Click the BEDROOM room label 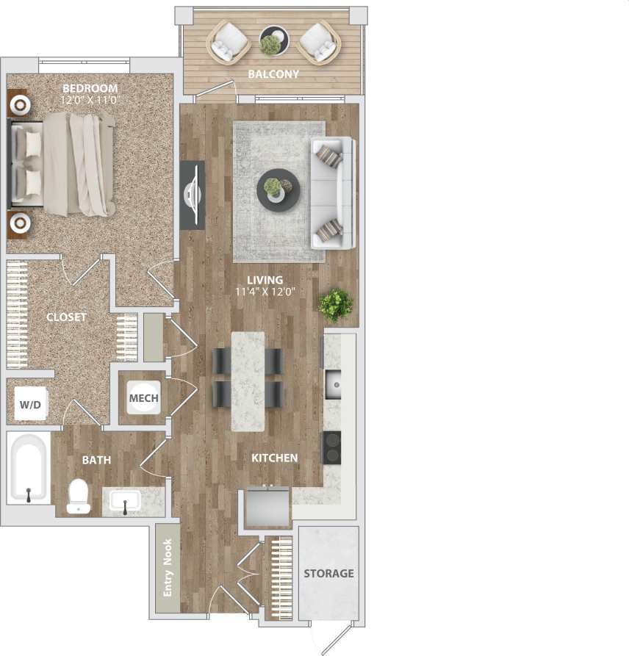point(90,89)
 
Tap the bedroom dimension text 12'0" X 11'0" point(90,99)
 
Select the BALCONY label point(273,74)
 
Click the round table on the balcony point(273,40)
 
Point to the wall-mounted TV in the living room point(193,195)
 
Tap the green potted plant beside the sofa point(336,304)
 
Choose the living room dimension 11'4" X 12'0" point(265,291)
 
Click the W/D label point(30,405)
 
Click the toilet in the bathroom point(78,496)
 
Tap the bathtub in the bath point(29,468)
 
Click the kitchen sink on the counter point(333,383)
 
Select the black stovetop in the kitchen point(332,447)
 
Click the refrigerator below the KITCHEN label point(267,506)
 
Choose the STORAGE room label point(328,573)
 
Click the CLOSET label point(66,317)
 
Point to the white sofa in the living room point(333,192)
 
